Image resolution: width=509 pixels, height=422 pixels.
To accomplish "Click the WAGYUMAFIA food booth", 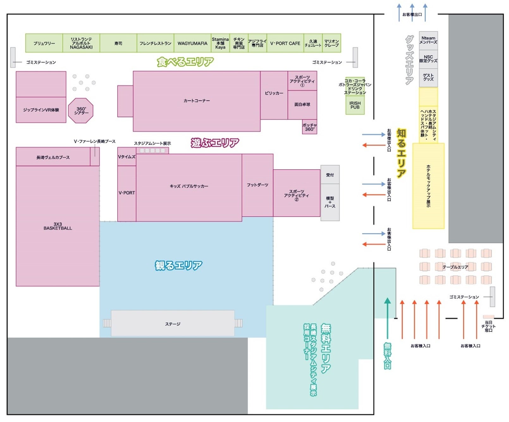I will pos(192,43).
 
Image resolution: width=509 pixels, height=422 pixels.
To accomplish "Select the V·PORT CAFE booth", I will pos(285,43).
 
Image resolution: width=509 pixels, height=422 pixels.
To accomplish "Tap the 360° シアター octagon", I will pos(81,111).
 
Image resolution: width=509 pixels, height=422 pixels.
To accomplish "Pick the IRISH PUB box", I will pos(355,105).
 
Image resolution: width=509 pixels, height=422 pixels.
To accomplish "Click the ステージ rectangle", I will pos(173,324).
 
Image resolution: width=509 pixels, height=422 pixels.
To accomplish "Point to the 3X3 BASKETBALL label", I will pos(58,226).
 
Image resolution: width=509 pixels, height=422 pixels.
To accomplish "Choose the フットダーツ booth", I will pos(257,185).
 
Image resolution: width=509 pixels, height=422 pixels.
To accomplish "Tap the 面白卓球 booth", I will pos(302,105).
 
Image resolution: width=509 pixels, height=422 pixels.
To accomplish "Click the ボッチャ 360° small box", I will pos(309,127).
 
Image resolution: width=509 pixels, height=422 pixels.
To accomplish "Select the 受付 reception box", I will pos(330,175).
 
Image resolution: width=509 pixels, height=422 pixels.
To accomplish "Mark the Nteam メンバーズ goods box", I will pos(428,40).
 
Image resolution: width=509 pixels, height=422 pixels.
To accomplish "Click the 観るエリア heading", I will pos(178,265).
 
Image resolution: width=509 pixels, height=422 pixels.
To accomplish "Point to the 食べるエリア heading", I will pos(185,62).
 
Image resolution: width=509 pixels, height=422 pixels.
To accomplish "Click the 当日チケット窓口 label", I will pos(488,326).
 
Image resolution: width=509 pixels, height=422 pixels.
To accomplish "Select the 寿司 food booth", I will pos(118,43).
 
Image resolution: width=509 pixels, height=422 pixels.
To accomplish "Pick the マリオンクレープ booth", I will pos(331,43).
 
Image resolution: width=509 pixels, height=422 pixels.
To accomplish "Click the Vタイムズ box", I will pos(126,157).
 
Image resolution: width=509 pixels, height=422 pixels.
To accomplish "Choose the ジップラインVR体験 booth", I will pos(41,110).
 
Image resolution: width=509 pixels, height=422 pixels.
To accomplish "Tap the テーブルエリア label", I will pos(455,267).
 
